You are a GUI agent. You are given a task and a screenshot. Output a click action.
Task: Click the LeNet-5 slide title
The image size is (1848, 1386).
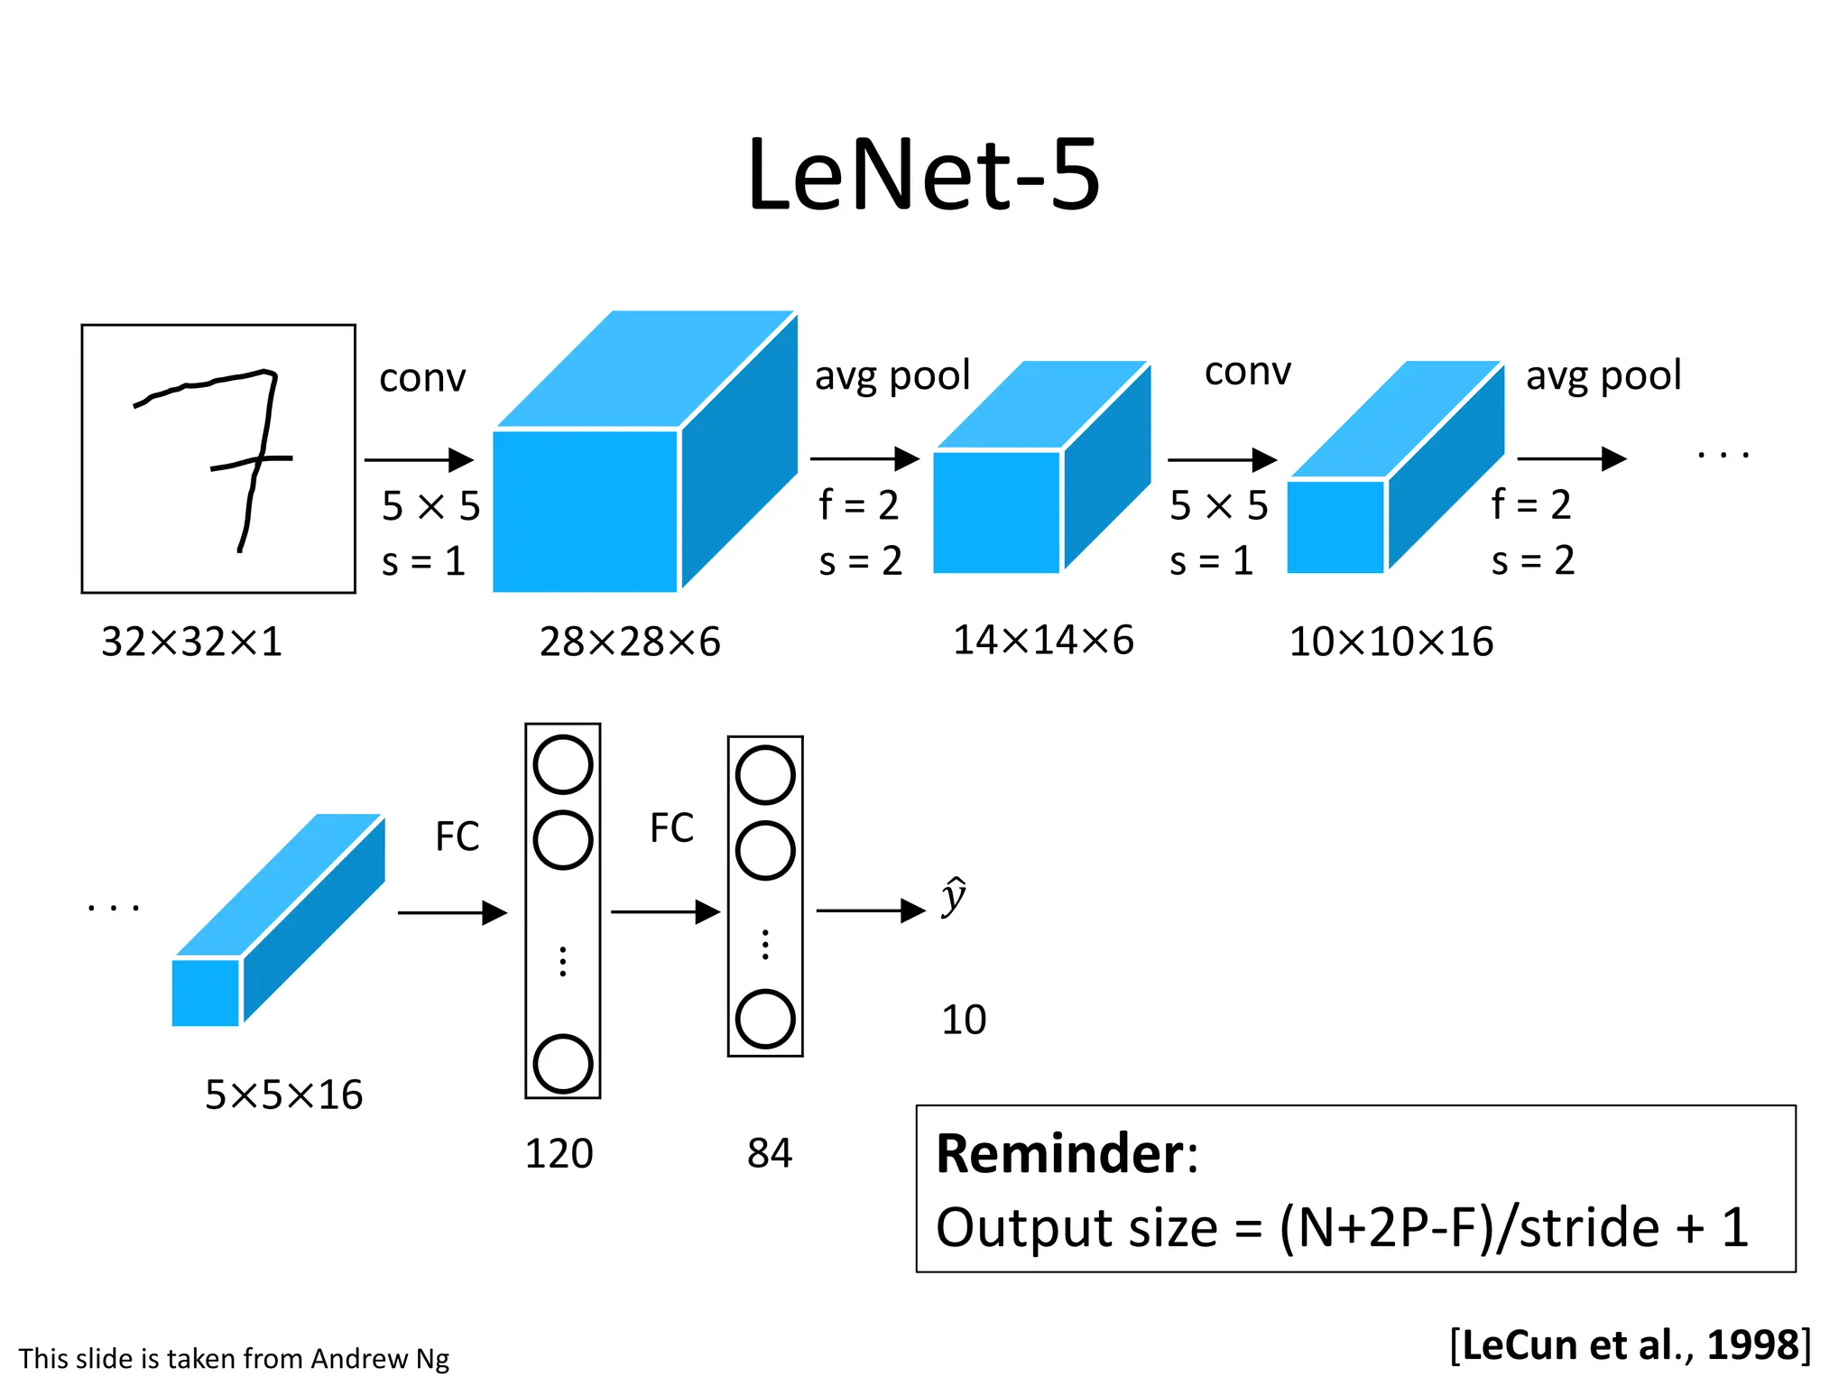[x=923, y=175]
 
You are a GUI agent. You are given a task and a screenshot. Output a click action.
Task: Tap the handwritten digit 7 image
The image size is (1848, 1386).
[x=218, y=458]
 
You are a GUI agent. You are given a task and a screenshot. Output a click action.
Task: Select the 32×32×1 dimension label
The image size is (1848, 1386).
[x=191, y=642]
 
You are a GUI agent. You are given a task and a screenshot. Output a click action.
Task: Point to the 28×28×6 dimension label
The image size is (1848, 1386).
[x=630, y=642]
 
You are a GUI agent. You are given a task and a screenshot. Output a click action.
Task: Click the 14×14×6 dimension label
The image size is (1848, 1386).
[x=1043, y=641]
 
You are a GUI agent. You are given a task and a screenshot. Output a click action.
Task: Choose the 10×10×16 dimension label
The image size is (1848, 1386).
[x=1391, y=642]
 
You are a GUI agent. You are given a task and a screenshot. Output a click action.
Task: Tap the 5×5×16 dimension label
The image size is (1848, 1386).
[x=283, y=1095]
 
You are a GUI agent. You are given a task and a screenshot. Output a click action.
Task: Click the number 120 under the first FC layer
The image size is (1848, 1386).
[x=559, y=1154]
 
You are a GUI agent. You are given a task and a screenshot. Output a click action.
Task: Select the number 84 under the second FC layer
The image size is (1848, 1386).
[x=769, y=1153]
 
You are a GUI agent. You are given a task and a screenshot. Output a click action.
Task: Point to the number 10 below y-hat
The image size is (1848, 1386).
[x=963, y=1021]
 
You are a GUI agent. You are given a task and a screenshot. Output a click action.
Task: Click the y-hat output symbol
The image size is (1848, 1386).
[x=954, y=898]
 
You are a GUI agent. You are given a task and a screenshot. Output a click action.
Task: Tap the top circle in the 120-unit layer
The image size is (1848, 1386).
[x=562, y=765]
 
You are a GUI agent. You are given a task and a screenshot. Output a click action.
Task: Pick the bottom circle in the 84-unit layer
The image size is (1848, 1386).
[x=764, y=1019]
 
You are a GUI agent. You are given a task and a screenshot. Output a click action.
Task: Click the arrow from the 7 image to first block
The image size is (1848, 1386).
[x=419, y=460]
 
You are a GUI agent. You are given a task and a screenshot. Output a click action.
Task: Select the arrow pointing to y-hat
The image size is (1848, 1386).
[x=871, y=910]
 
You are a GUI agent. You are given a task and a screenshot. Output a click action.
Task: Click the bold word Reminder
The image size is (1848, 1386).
[x=1060, y=1154]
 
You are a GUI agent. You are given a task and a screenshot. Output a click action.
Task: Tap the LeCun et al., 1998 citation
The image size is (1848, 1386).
[x=1630, y=1345]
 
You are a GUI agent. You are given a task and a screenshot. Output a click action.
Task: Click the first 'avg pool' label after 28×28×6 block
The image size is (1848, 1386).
[x=892, y=375]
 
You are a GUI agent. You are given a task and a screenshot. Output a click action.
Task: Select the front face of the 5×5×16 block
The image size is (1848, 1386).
[x=206, y=993]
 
